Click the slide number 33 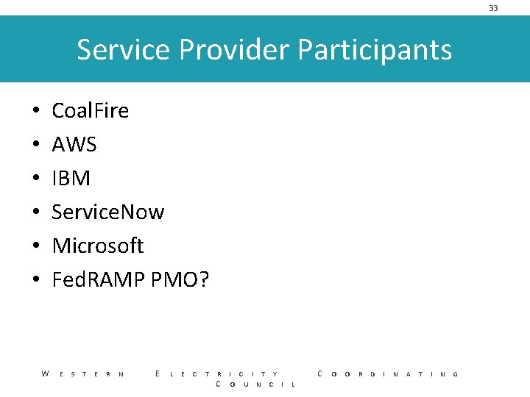(493, 8)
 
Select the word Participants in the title (375, 50)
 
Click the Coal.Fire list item (90, 111)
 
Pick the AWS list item (74, 145)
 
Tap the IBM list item (71, 179)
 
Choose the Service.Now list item (107, 212)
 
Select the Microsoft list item (97, 246)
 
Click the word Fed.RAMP (98, 280)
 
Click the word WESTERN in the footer (82, 374)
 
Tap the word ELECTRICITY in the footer (217, 374)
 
